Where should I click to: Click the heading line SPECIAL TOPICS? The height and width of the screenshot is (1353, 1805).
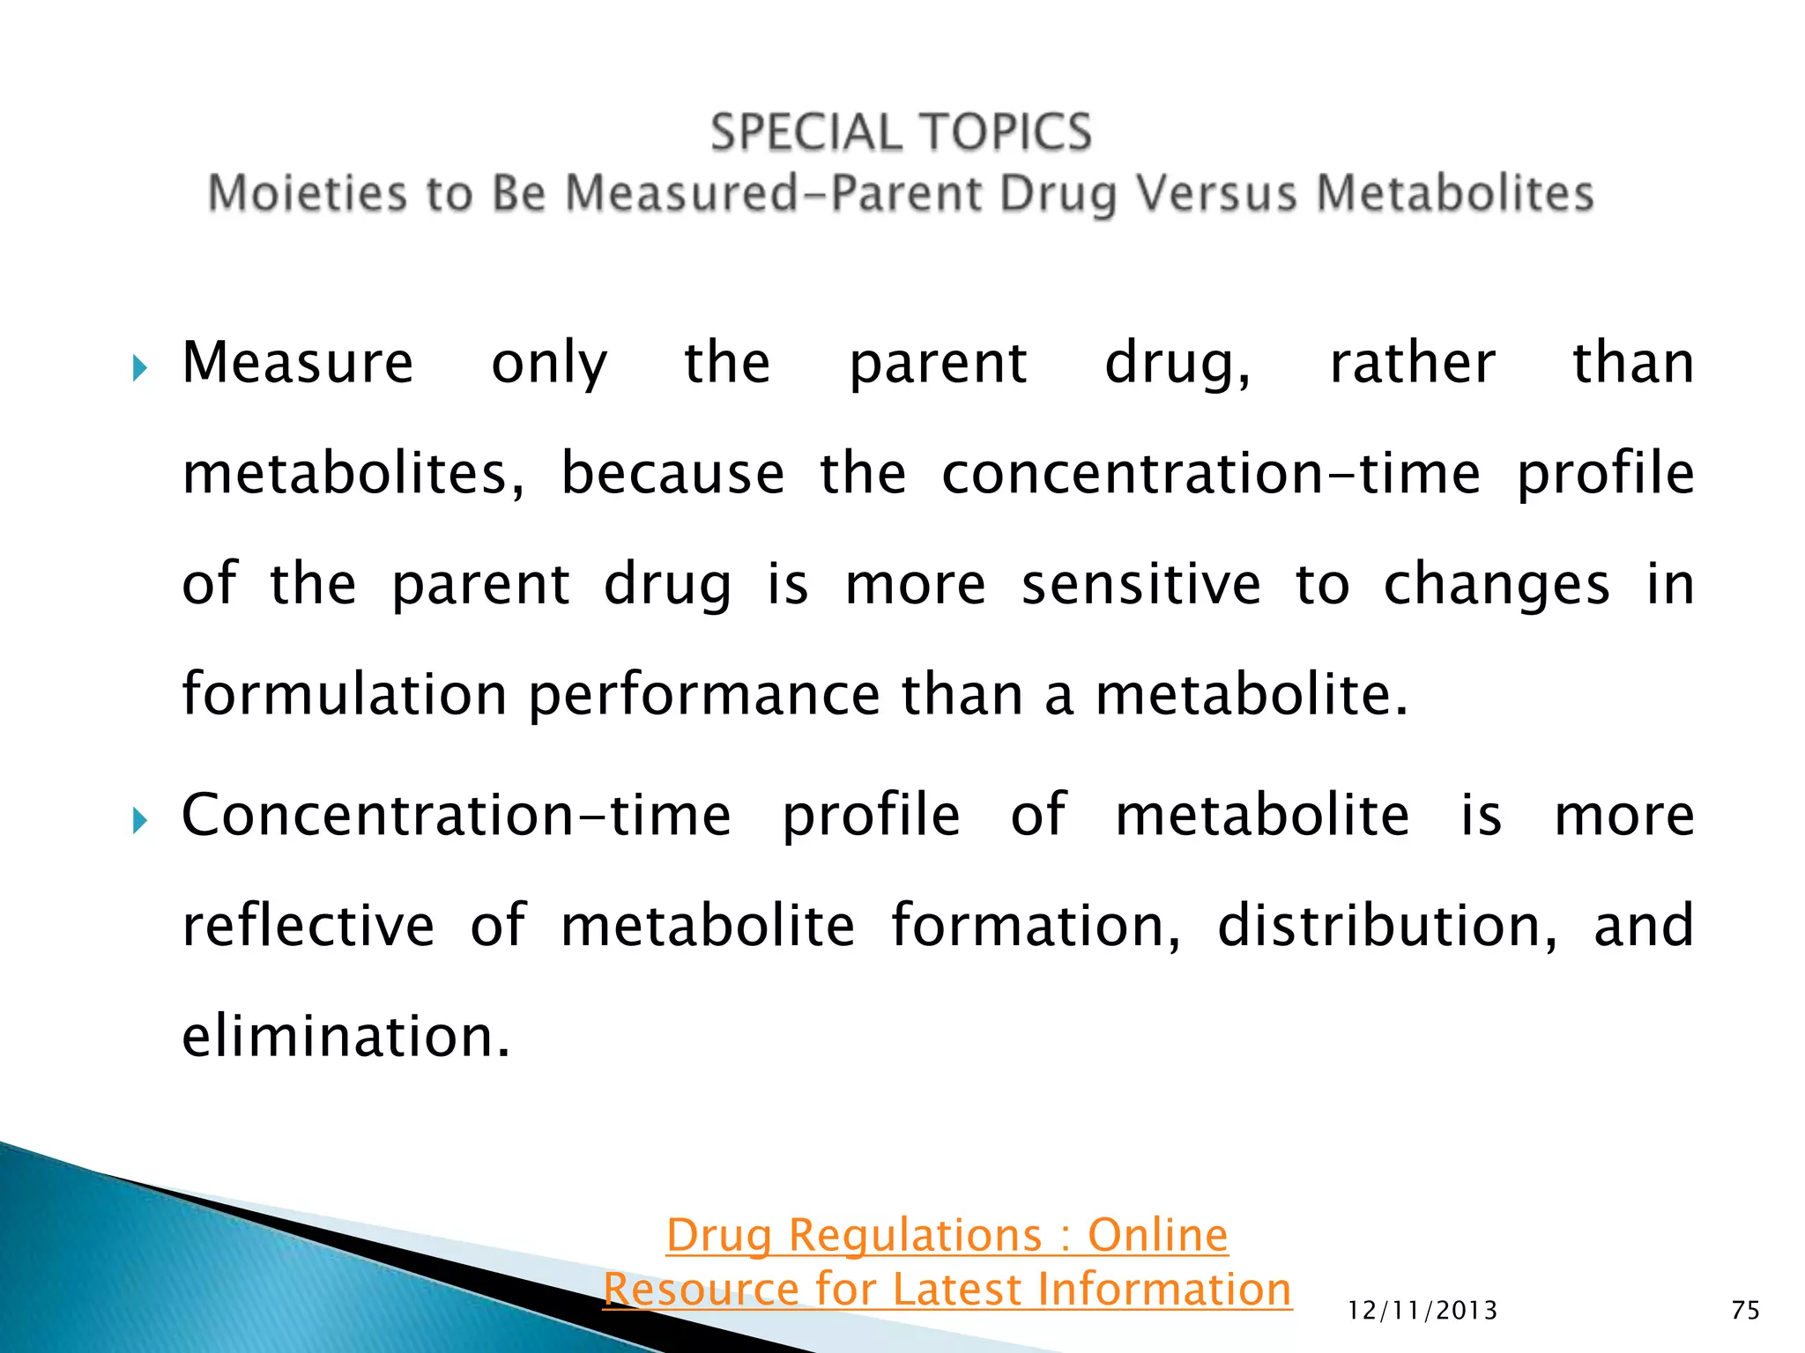click(901, 133)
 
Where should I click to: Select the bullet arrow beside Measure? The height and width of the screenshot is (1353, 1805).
click(139, 367)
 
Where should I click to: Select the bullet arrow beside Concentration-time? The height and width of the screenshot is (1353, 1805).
click(139, 821)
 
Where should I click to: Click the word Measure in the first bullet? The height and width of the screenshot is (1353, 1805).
click(297, 363)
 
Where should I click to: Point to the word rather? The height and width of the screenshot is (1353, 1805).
click(1412, 363)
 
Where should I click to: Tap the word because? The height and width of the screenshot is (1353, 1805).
click(672, 474)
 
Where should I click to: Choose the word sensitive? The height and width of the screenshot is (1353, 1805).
click(1141, 585)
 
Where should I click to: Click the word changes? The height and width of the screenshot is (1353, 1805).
click(1496, 587)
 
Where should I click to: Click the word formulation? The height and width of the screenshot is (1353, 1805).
click(345, 694)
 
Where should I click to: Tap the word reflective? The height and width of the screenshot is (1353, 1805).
click(308, 926)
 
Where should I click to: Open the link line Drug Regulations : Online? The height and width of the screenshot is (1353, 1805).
click(947, 1235)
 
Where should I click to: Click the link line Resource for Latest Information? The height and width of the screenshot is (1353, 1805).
click(947, 1290)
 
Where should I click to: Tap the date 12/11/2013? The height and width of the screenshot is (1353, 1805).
click(1422, 1311)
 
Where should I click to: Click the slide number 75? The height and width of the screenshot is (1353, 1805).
click(1745, 1311)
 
